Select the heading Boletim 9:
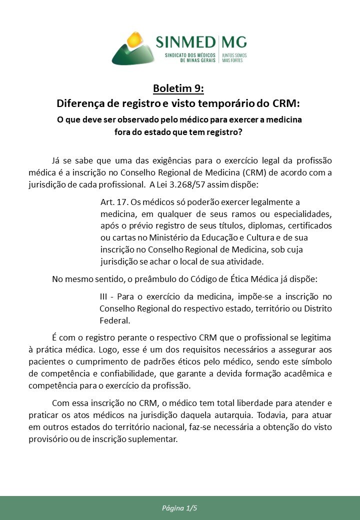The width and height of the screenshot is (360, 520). pos(179,89)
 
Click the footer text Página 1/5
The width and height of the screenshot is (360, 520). pos(180,508)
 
